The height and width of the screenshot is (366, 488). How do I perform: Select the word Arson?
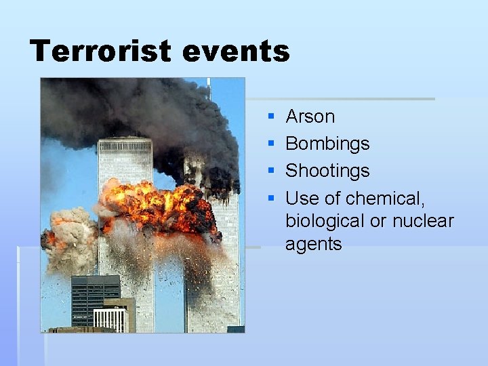(x=310, y=117)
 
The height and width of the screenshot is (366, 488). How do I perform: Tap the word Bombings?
(x=327, y=144)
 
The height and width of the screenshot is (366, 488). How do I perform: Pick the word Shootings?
(x=327, y=171)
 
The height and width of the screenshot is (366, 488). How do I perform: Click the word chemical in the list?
(x=385, y=198)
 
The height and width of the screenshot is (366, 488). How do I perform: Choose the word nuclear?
(x=423, y=221)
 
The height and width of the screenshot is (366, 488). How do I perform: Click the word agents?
(x=313, y=244)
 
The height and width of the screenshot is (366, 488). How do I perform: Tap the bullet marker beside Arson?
(x=271, y=117)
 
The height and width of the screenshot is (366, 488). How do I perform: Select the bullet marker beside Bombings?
(x=271, y=144)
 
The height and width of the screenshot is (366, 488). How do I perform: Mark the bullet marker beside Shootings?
(x=271, y=171)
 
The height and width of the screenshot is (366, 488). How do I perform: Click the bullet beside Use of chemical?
(x=271, y=199)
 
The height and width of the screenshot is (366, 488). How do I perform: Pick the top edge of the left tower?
(x=125, y=140)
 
